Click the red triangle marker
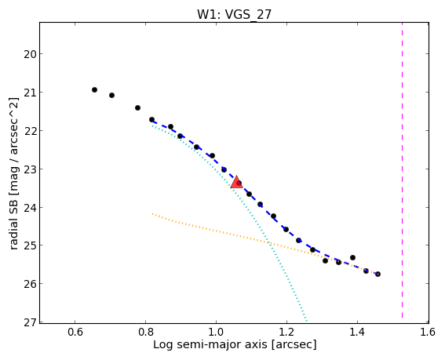[236, 183]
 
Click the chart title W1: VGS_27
[235, 14]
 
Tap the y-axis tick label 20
[30, 54]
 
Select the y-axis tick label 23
[30, 169]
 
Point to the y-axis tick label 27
[30, 322]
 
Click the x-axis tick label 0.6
[75, 332]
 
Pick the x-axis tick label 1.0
[217, 332]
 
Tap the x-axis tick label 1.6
[428, 332]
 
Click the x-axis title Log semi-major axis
[210, 345]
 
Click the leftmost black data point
[94, 90]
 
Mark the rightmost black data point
[378, 274]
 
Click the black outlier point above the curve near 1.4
[352, 257]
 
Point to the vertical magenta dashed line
[402, 170]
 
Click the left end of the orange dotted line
[152, 213]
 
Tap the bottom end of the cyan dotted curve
[307, 321]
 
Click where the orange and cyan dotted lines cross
[268, 242]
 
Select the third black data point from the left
[137, 107]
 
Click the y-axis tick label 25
[30, 245]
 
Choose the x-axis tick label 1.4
[357, 332]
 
